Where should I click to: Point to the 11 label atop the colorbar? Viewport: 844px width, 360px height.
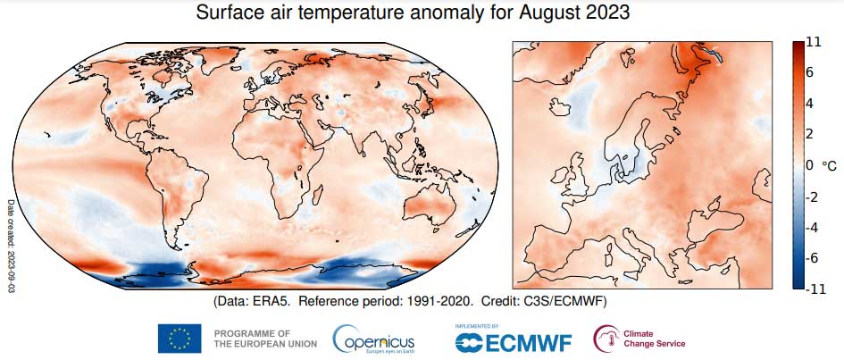[x=813, y=42]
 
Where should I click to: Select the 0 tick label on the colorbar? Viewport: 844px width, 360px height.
[x=808, y=165]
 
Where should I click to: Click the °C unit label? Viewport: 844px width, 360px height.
[x=828, y=165]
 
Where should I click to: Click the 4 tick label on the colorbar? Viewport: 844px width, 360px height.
[x=808, y=104]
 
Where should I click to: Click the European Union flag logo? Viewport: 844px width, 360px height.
[x=180, y=339]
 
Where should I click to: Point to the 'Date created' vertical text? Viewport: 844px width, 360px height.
[x=12, y=241]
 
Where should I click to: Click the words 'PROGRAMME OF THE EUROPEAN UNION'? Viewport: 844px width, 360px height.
[x=252, y=339]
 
